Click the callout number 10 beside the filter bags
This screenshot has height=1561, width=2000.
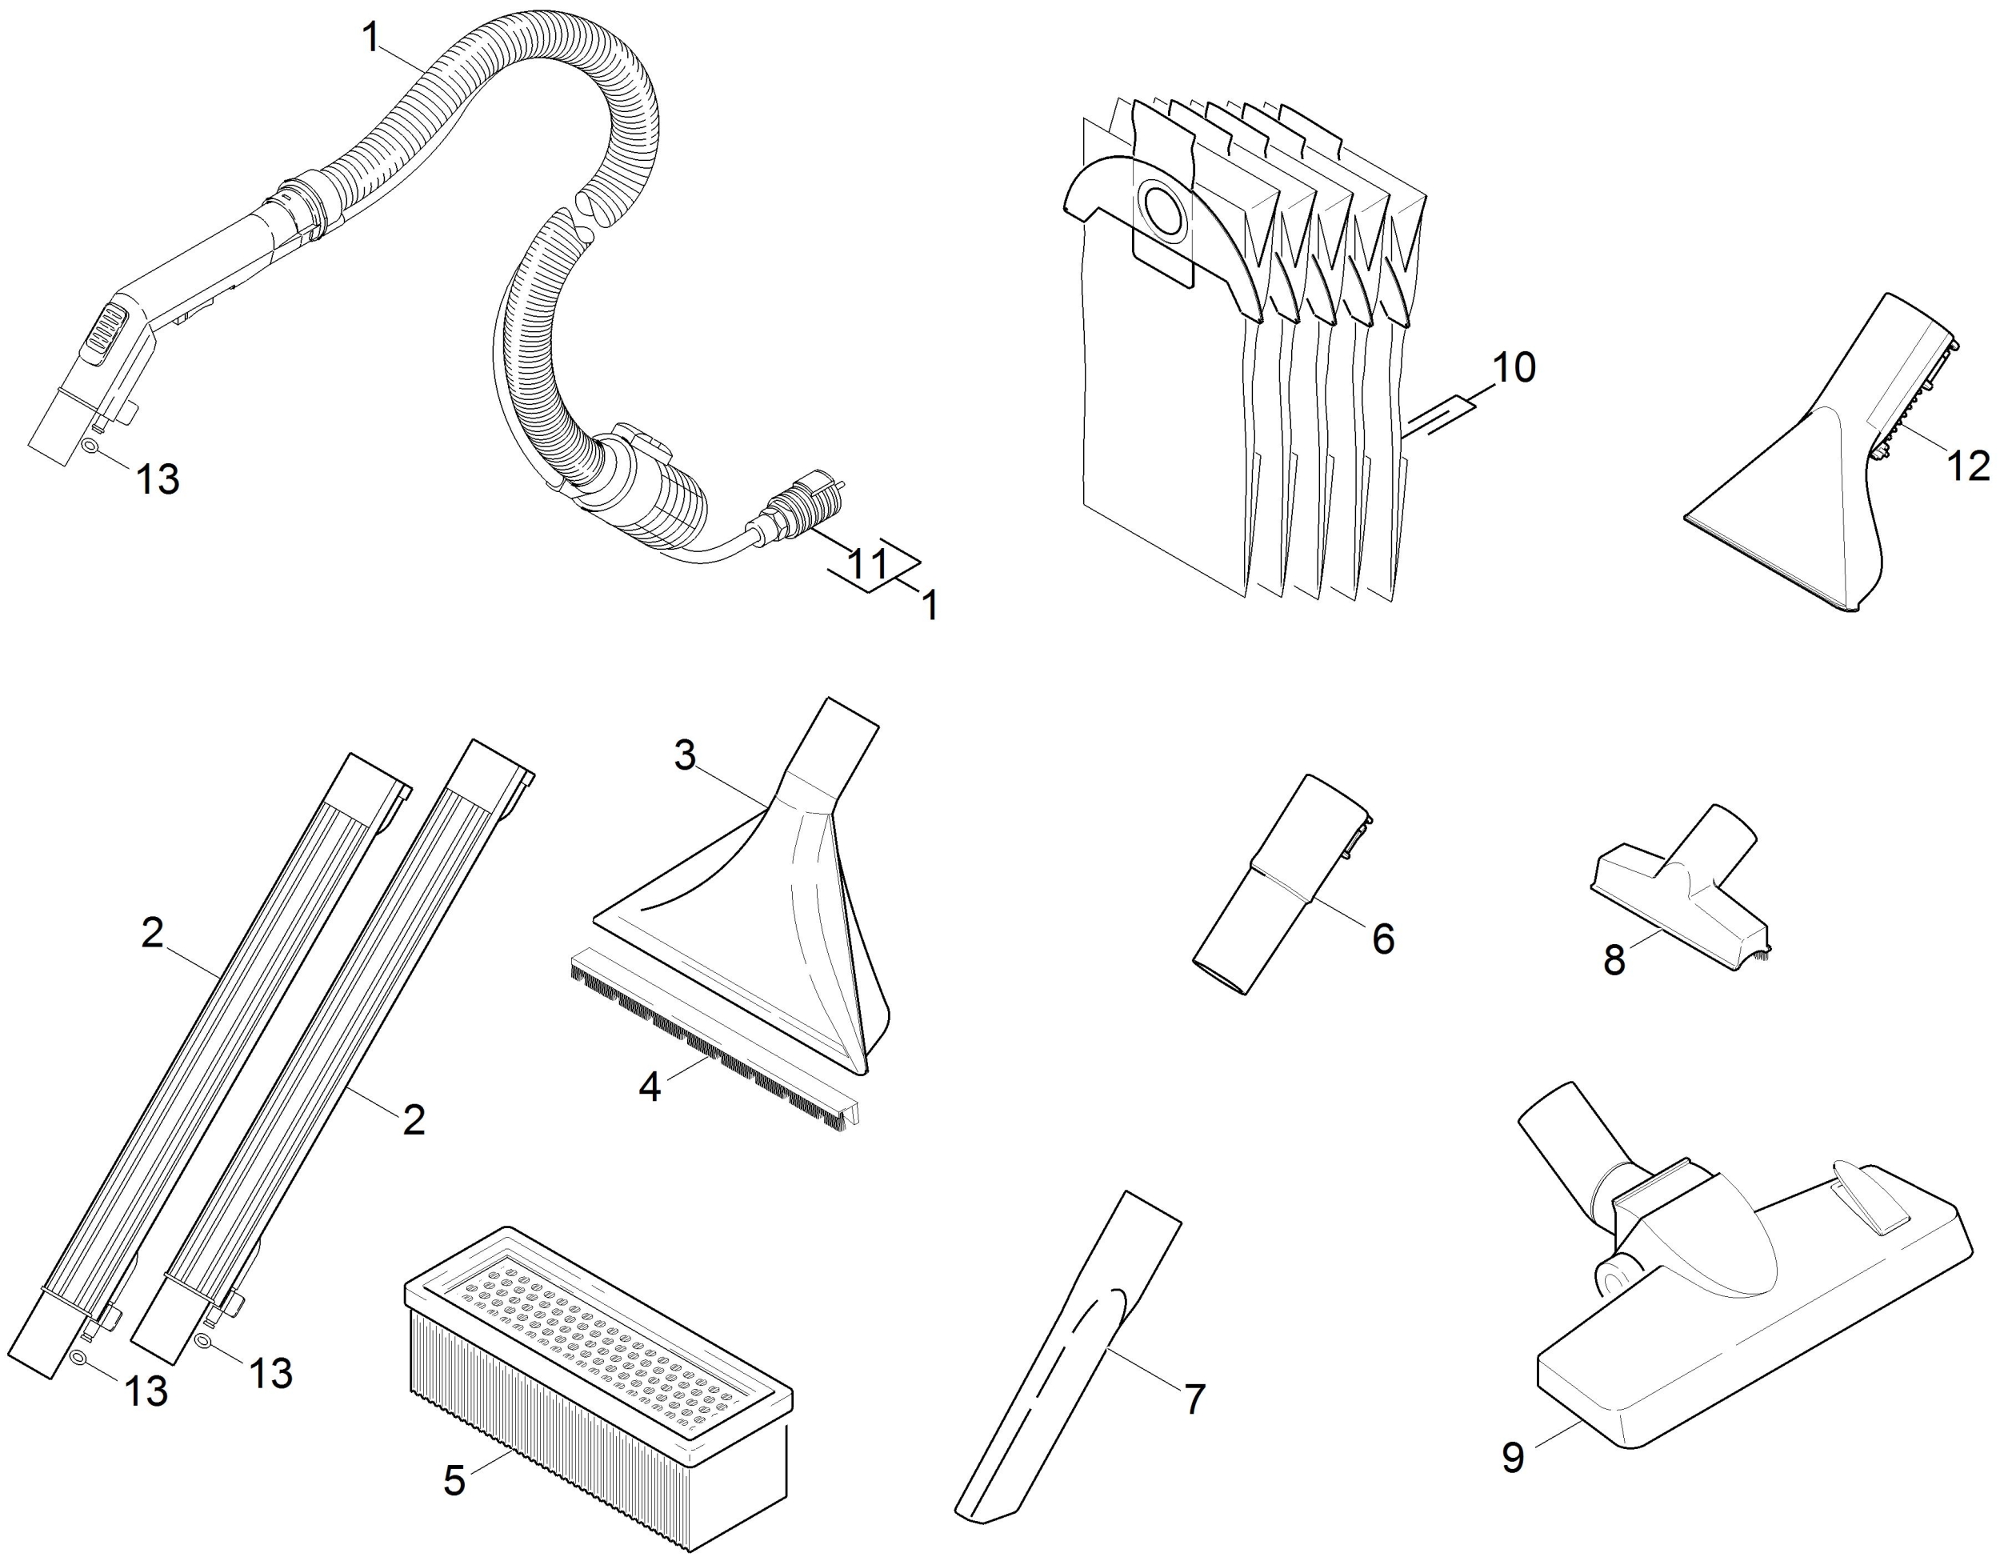1514,367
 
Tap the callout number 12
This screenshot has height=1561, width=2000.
1967,466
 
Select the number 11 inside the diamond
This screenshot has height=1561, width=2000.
867,564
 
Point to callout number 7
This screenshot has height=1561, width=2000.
1194,1399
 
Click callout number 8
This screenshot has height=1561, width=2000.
1614,960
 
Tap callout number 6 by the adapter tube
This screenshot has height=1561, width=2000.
1382,939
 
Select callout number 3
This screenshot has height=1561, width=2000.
685,756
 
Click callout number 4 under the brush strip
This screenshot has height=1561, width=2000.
650,1087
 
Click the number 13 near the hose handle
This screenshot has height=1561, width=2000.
158,479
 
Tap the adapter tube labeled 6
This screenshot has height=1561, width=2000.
1282,884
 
